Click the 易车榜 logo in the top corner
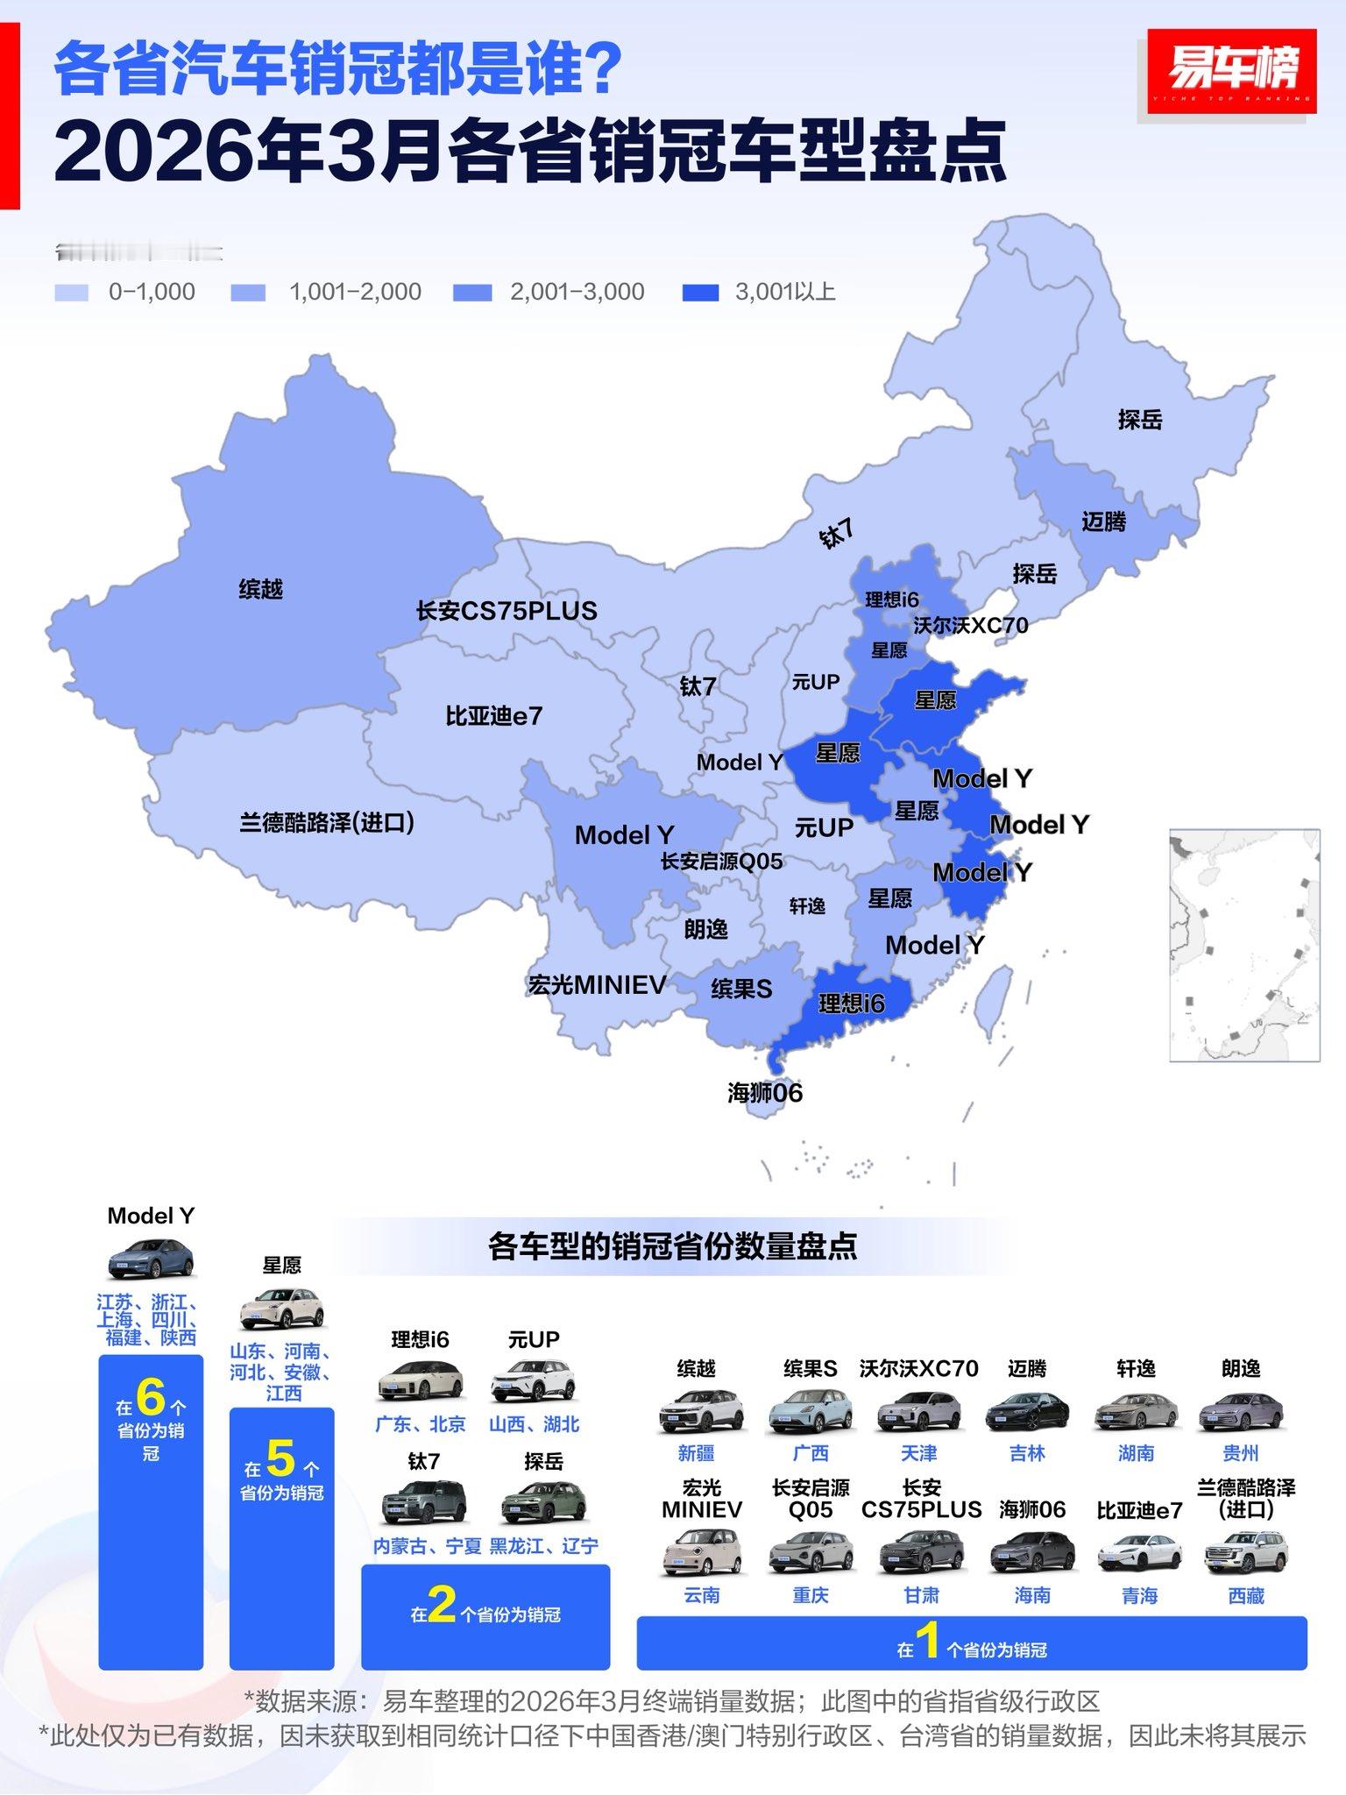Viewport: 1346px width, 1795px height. [1231, 70]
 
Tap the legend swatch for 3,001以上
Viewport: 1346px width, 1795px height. [700, 293]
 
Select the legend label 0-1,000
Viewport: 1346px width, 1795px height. [152, 292]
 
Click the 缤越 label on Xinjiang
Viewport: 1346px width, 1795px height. [260, 589]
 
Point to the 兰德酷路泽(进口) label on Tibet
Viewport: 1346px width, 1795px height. [327, 822]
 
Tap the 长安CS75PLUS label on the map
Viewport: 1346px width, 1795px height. [507, 611]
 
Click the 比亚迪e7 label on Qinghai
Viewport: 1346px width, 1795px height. [493, 716]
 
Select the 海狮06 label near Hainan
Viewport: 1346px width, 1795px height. [764, 1093]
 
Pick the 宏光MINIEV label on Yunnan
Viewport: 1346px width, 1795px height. [597, 985]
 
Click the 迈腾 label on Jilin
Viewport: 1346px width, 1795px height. [1103, 522]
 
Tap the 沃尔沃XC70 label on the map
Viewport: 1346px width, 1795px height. [970, 626]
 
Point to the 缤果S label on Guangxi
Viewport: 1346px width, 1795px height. [741, 990]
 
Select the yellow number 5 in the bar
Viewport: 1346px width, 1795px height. [280, 1458]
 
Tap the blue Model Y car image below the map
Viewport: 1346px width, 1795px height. [151, 1259]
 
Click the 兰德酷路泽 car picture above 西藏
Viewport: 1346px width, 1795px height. [1245, 1552]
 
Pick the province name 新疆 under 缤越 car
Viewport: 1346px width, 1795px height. [697, 1453]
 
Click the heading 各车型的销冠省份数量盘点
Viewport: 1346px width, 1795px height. [672, 1245]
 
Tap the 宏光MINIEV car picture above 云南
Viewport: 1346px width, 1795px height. [701, 1552]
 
